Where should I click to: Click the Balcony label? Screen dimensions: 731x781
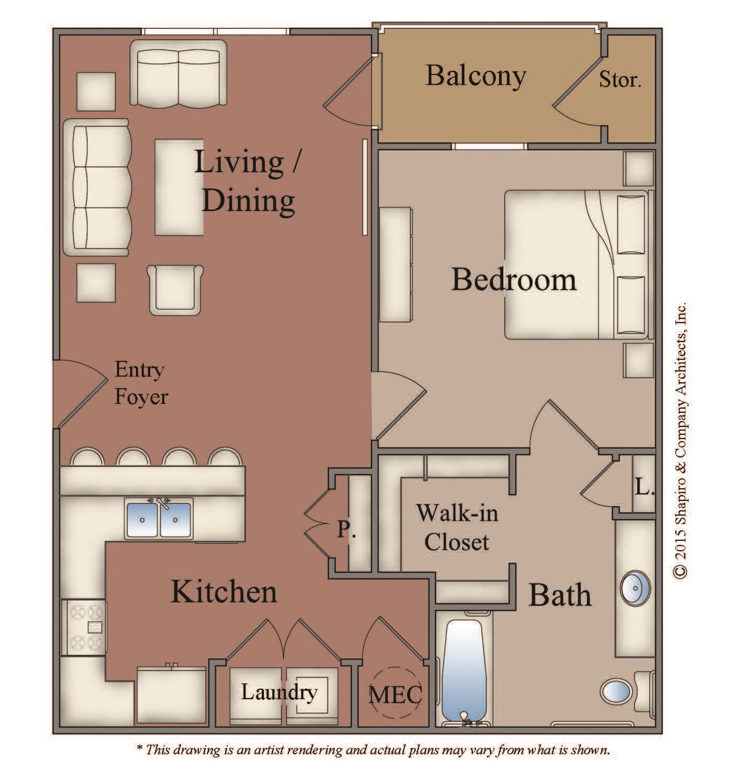point(475,76)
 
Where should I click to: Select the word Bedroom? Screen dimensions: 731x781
point(513,280)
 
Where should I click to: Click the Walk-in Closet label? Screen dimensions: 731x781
point(457,527)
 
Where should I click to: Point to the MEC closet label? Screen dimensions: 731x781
point(395,695)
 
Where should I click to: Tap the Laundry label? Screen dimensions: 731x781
point(279,693)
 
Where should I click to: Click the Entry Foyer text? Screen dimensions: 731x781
point(141,383)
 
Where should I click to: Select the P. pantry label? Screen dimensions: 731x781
point(346,529)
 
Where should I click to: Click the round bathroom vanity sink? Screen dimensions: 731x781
point(635,589)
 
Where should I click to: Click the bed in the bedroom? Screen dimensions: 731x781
point(577,265)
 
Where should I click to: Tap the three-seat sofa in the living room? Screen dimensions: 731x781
point(97,188)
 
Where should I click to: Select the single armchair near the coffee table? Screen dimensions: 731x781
point(175,290)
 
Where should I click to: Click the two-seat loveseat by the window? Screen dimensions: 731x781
point(178,73)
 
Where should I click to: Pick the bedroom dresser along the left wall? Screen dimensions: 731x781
point(396,265)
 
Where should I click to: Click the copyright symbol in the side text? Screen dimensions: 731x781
point(680,571)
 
